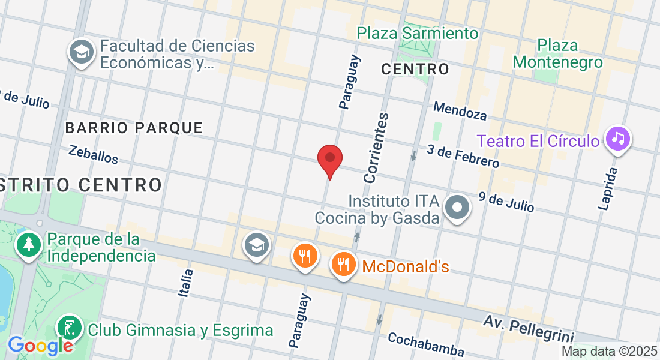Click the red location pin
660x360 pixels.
329,159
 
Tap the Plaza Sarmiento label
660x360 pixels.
418,33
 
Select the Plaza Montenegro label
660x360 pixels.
557,54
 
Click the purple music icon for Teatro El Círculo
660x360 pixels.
618,139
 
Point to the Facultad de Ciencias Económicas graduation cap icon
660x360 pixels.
80,52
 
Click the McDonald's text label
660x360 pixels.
406,266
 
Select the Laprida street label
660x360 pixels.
608,188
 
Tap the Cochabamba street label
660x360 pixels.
426,344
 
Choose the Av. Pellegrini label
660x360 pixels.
529,329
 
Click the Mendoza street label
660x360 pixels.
460,110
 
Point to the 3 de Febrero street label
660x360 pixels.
463,156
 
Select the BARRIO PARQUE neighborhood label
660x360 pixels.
134,128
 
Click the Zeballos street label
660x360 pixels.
93,154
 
